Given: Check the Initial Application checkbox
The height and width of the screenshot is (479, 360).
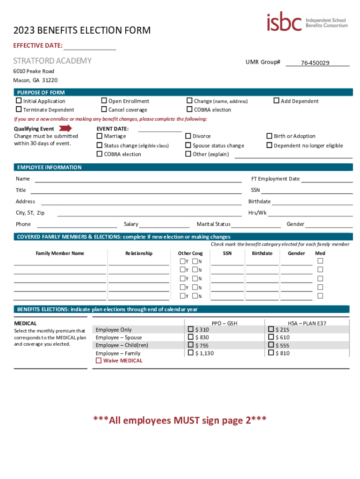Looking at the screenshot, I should (x=19, y=101).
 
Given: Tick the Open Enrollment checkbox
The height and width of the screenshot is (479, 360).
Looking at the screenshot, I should (x=104, y=101).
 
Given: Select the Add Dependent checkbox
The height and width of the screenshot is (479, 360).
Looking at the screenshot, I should (x=276, y=101).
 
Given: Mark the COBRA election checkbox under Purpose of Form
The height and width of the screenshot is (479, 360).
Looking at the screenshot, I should (x=189, y=109).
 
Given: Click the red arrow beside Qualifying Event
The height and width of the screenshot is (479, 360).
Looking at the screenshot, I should (x=65, y=128).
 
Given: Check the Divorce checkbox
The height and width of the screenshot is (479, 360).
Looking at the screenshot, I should (x=188, y=136).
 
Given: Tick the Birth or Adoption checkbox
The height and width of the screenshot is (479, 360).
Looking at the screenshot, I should (x=269, y=136).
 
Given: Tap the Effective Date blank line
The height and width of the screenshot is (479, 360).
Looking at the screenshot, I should (x=90, y=46).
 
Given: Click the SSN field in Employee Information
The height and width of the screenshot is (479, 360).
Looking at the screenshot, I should (x=307, y=190).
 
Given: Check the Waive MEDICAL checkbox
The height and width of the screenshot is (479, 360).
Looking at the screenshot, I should (x=99, y=361).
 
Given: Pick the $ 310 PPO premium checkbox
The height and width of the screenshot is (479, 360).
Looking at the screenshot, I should (x=191, y=329).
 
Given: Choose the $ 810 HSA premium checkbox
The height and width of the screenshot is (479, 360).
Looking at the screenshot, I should (x=271, y=353).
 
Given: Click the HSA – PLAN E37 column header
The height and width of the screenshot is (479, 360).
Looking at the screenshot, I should (x=307, y=323).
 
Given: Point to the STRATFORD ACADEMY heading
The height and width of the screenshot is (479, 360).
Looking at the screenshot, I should (x=52, y=61).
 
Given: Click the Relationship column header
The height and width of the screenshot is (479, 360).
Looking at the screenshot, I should (x=139, y=253).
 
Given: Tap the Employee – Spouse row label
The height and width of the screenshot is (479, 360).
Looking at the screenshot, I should (x=118, y=337).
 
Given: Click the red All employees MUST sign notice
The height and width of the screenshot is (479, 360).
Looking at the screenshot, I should (x=180, y=420).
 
